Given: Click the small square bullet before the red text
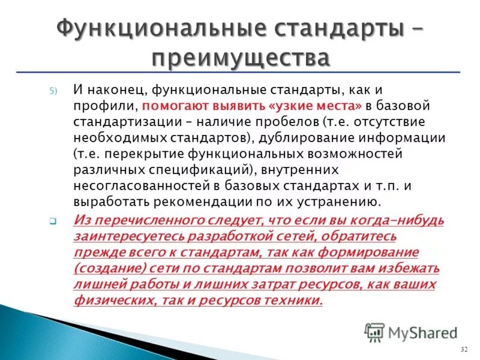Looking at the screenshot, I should pos(53,221).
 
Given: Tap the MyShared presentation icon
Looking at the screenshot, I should pos(375,332).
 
